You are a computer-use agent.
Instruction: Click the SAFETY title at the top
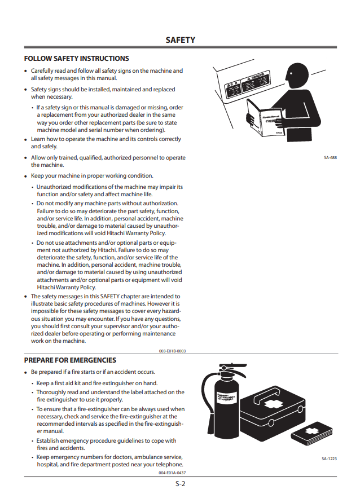pyautogui.click(x=181, y=40)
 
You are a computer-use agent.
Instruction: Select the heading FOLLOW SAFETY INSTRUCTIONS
pyautogui.click(x=77, y=59)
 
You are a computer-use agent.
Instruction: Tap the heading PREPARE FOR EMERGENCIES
pyautogui.click(x=70, y=360)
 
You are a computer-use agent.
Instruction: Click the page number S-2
pyautogui.click(x=181, y=484)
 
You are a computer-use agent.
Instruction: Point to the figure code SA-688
pyautogui.click(x=330, y=157)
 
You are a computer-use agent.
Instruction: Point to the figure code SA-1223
pyautogui.click(x=329, y=458)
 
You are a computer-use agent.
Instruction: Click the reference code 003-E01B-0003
pyautogui.click(x=173, y=351)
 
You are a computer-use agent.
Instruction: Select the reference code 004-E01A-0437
pyautogui.click(x=172, y=473)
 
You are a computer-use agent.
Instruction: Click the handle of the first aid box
pyautogui.click(x=267, y=396)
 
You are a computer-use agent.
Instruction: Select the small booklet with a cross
pyautogui.click(x=312, y=434)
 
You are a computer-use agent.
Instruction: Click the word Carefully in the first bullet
pyautogui.click(x=43, y=71)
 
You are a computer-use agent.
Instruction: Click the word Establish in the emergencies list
pyautogui.click(x=47, y=441)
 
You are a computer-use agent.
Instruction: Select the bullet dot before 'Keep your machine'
pyautogui.click(x=26, y=177)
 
